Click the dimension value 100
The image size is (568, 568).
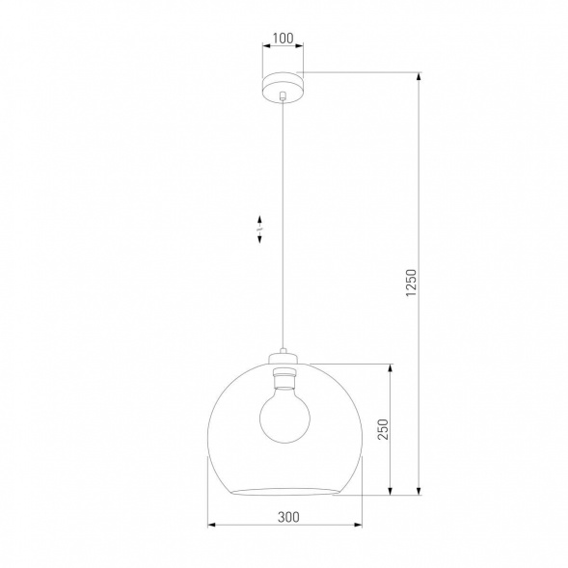point(283,40)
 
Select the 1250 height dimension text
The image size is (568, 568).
point(411,285)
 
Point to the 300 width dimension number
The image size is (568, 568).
point(286,516)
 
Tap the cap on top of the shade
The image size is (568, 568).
point(283,355)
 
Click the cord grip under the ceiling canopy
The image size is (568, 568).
point(283,96)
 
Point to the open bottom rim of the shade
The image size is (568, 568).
point(284,491)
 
